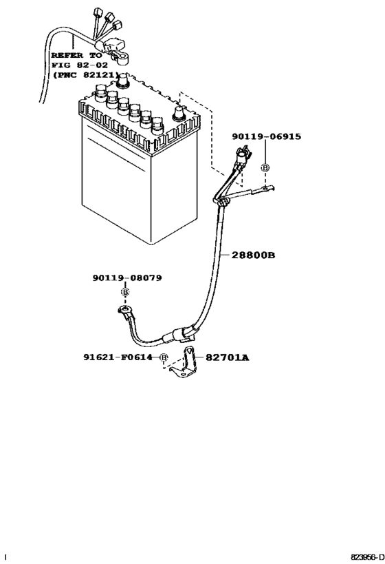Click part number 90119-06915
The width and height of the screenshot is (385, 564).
pos(267,137)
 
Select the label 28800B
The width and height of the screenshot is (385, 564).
pos(254,255)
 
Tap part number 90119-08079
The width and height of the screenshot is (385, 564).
pos(127,278)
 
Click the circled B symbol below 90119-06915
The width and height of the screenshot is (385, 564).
pos(265,168)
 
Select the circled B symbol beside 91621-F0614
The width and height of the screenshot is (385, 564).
pos(164,357)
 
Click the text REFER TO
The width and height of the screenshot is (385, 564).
pos(76,54)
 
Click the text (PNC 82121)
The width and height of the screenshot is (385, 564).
pos(86,74)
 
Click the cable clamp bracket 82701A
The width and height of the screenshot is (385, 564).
pos(184,364)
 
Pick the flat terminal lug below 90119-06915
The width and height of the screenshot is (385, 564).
pos(267,188)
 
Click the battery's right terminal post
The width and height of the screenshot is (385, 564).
pos(179,112)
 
